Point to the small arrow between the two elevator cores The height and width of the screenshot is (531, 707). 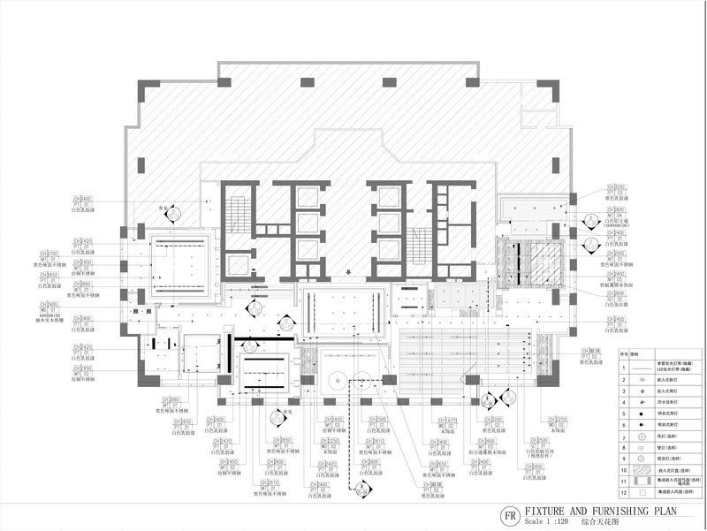pos(349,272)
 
